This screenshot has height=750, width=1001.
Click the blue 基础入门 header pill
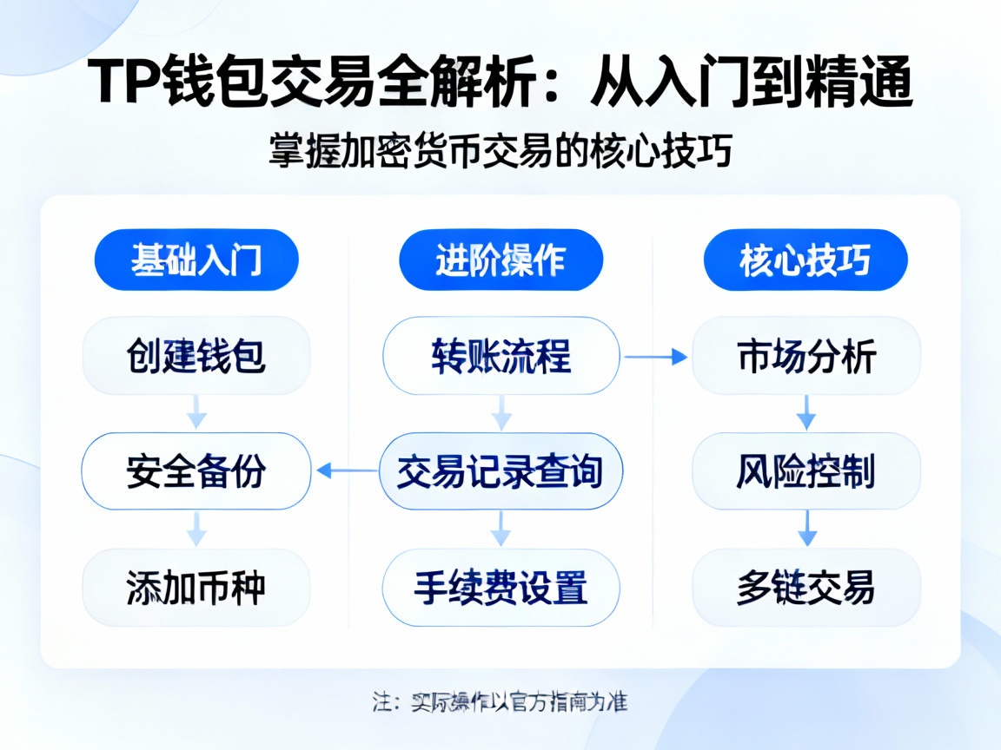(196, 260)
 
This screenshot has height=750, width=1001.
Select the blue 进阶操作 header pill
(500, 260)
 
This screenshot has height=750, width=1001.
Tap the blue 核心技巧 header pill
(805, 260)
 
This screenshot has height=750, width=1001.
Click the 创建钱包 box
(196, 356)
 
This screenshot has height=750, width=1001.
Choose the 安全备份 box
(196, 471)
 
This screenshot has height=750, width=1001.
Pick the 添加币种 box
(196, 587)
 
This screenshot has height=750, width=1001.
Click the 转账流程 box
(500, 356)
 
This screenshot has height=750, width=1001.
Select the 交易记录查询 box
(500, 471)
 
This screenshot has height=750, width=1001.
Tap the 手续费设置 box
(500, 587)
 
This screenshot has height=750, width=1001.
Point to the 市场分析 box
(805, 356)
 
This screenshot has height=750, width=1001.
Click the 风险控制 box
(805, 471)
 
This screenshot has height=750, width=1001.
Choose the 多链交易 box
(805, 587)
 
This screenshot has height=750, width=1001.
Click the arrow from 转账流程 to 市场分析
(655, 356)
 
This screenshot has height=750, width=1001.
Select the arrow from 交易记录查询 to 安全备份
(346, 471)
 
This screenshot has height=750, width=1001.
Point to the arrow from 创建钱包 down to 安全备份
(197, 412)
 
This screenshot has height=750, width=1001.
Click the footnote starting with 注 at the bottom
(500, 701)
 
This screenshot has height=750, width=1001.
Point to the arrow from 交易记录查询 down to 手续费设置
(501, 528)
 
